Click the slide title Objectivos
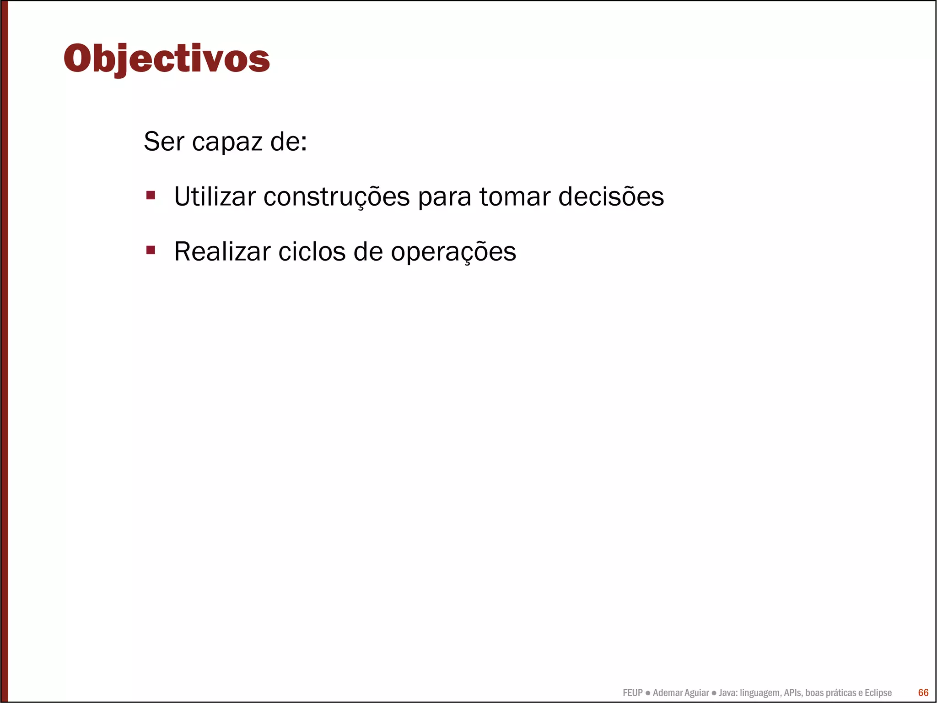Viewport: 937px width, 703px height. (x=167, y=59)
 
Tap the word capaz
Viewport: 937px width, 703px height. (x=227, y=142)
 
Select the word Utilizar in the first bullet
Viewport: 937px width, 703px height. (x=215, y=196)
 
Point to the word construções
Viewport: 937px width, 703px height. (x=336, y=197)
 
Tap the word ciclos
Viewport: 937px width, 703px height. (x=312, y=251)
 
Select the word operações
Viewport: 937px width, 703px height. (x=453, y=252)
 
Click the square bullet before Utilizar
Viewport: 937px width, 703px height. (x=151, y=196)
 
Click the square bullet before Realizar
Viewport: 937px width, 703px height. (x=151, y=250)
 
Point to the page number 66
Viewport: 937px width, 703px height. (x=923, y=692)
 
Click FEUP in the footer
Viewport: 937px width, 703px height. (x=632, y=693)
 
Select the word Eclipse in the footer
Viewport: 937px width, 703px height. (x=878, y=693)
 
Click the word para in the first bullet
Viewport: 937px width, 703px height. (x=444, y=198)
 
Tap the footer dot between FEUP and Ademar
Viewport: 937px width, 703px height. (x=647, y=693)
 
